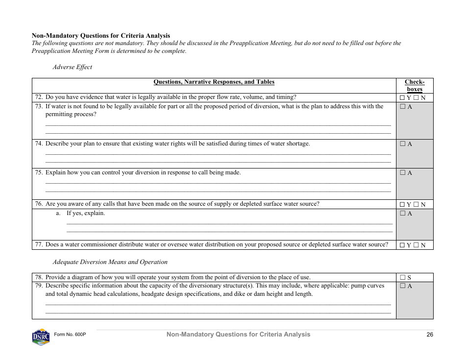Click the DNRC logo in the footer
pos(41,336)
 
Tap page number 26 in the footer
pos(430,335)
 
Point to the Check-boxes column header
pos(415,86)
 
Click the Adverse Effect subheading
pos(72,67)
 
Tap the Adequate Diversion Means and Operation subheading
pos(110,262)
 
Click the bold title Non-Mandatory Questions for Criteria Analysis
pos(101,35)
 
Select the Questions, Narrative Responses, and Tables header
pos(214,82)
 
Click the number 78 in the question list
pos(39,277)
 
